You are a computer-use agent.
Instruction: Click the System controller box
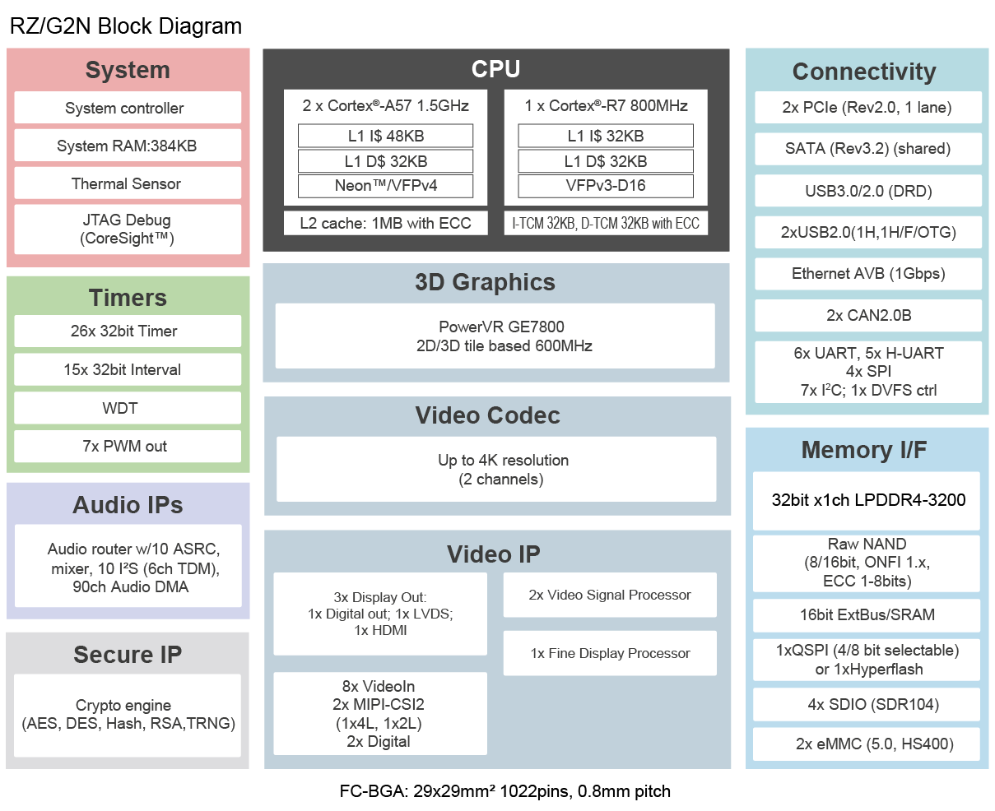[x=128, y=108]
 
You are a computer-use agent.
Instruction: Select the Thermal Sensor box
[x=128, y=183]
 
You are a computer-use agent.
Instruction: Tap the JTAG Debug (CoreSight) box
[x=128, y=229]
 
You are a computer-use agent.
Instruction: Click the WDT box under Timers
[x=128, y=408]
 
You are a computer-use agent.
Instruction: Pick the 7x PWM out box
[x=128, y=446]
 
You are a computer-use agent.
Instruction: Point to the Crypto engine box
[x=128, y=715]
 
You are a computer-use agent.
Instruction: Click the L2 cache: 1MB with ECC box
[x=385, y=223]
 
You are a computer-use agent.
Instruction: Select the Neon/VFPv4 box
[x=385, y=186]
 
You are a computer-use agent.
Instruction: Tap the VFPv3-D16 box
[x=605, y=186]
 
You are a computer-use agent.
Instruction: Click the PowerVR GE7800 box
[x=495, y=336]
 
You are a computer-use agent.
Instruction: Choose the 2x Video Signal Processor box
[x=609, y=595]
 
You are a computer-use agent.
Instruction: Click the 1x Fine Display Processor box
[x=609, y=653]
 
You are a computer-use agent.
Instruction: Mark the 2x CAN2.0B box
[x=868, y=315]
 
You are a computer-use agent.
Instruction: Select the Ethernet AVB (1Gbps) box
[x=868, y=274]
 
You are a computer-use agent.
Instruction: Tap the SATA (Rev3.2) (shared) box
[x=868, y=149]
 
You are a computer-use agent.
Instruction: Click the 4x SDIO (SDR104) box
[x=867, y=704]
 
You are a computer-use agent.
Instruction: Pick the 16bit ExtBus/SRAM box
[x=867, y=614]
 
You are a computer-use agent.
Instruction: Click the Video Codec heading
[x=487, y=415]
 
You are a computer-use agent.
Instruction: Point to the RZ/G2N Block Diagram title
[x=125, y=26]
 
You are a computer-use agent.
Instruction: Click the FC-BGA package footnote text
[x=504, y=791]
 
